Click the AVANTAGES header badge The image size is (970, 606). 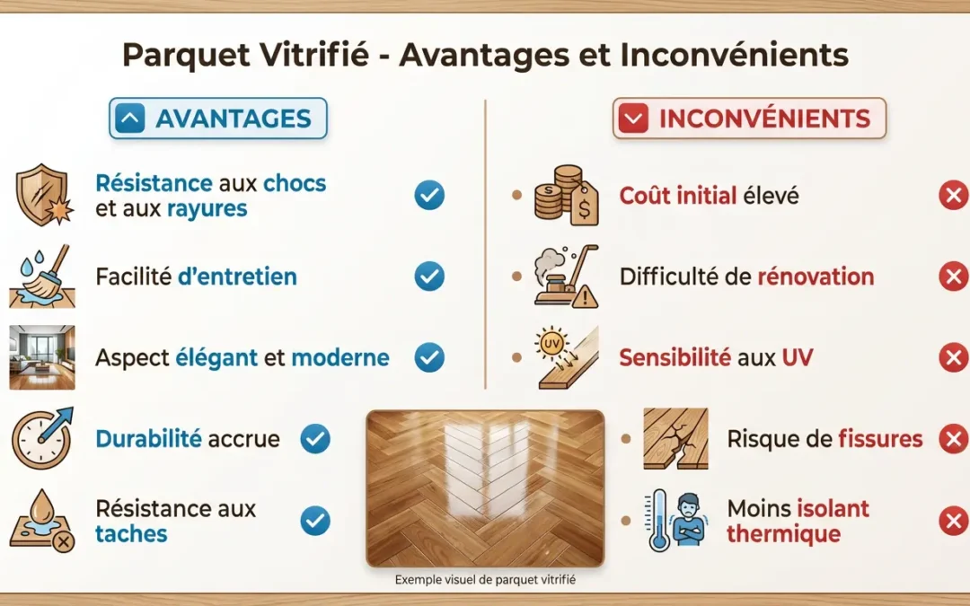218,119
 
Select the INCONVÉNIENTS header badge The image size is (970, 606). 749,119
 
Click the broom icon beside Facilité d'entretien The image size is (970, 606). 40,277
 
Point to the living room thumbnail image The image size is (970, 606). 41,357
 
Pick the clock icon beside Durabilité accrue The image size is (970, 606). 41,438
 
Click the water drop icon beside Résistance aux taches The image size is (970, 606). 41,522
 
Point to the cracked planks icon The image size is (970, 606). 675,439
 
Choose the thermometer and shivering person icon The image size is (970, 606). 675,521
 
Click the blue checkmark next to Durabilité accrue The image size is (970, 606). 315,438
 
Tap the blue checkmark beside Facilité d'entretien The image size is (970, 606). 429,277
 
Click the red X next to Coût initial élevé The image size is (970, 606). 953,196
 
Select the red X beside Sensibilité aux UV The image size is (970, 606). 953,357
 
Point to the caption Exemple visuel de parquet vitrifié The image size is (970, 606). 485,580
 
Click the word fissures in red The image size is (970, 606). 880,439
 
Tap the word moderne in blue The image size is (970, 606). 340,357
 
